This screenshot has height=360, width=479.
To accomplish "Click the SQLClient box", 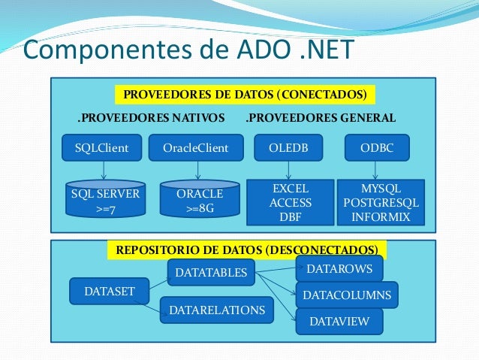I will [101, 148].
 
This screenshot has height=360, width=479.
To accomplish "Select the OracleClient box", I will [196, 148].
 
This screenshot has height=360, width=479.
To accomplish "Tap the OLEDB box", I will [285, 148].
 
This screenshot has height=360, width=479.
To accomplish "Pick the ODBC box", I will [376, 148].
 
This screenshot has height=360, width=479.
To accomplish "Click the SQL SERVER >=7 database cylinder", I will [105, 200].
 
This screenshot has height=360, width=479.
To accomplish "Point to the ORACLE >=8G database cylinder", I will [199, 200].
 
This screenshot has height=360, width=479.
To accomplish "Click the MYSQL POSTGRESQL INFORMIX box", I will [381, 202].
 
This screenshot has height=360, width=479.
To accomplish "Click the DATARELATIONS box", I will [217, 310].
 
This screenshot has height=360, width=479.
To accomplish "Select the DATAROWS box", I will [339, 268].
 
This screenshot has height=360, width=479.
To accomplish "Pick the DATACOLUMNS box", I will [347, 295].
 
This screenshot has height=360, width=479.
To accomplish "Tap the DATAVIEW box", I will [339, 322].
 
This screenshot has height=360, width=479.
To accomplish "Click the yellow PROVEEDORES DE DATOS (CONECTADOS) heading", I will [245, 95].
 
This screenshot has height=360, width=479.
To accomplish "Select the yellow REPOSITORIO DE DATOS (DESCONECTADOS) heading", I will [247, 249].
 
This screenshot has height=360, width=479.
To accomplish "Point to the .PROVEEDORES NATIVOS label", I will [152, 118].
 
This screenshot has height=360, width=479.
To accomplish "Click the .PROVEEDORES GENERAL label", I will [321, 118].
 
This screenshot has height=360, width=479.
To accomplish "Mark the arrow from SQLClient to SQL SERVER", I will [101, 170].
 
